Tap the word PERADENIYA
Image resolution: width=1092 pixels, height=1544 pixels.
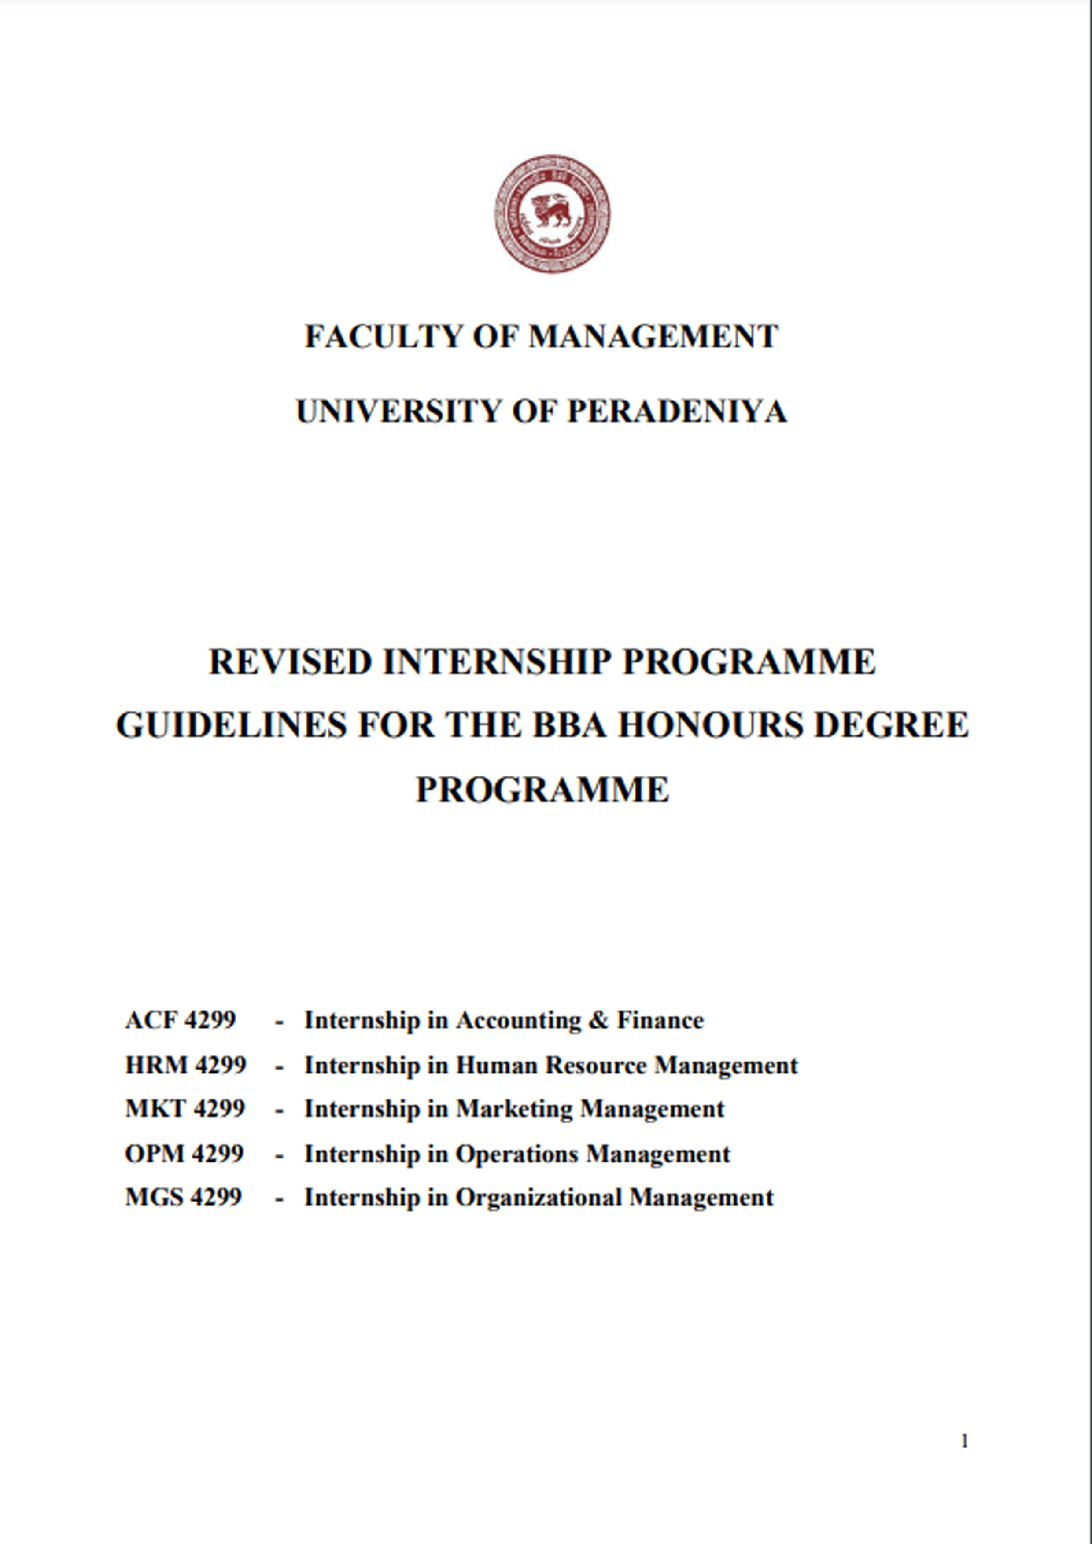pos(677,411)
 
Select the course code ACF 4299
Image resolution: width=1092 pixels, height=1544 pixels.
pos(181,1020)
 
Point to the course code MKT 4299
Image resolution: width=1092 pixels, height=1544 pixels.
pos(185,1108)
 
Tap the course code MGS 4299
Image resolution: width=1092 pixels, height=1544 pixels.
pos(183,1197)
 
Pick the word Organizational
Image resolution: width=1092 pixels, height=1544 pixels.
pos(538,1198)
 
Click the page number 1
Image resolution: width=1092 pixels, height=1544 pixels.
pos(964,1441)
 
